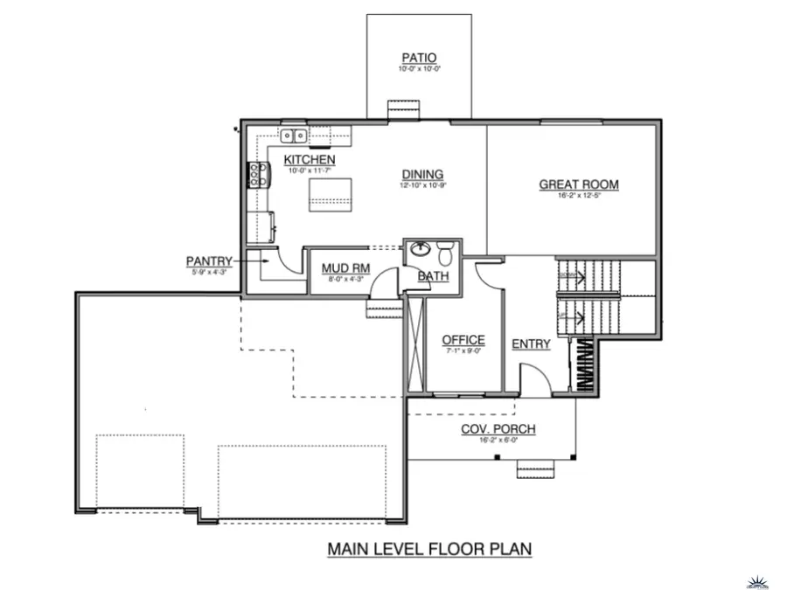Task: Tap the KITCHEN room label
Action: tap(309, 160)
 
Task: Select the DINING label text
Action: tap(422, 174)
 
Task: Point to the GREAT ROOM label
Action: tap(578, 184)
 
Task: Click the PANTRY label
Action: tap(209, 260)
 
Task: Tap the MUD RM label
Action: tap(342, 268)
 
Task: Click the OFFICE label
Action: tap(463, 340)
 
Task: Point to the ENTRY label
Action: tap(531, 344)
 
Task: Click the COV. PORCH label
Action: tap(498, 428)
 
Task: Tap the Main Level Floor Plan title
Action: tap(429, 549)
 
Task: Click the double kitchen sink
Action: tap(293, 135)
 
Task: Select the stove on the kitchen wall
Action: tap(258, 176)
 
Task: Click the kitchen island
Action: tap(329, 194)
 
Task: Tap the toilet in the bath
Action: tap(444, 253)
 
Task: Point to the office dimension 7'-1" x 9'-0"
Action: tap(463, 351)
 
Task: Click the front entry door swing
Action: tap(535, 378)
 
